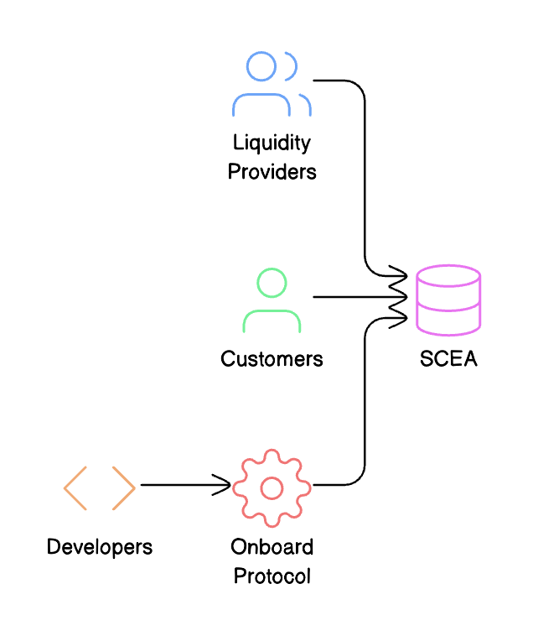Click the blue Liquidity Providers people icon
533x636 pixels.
pyautogui.click(x=272, y=84)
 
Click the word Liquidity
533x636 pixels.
pyautogui.click(x=272, y=143)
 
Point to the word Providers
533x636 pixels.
pyautogui.click(x=272, y=172)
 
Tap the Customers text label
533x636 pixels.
pyautogui.click(x=272, y=359)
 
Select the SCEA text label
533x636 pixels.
pyautogui.click(x=448, y=359)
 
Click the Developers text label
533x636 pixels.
pyautogui.click(x=100, y=548)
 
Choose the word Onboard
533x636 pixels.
pyautogui.click(x=272, y=548)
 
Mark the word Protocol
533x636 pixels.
pyautogui.click(x=272, y=576)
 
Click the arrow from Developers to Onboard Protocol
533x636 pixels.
pyautogui.click(x=184, y=485)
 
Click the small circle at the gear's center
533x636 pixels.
pyautogui.click(x=272, y=487)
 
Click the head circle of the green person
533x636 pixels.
pyautogui.click(x=272, y=283)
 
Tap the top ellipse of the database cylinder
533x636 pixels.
pyautogui.click(x=448, y=276)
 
